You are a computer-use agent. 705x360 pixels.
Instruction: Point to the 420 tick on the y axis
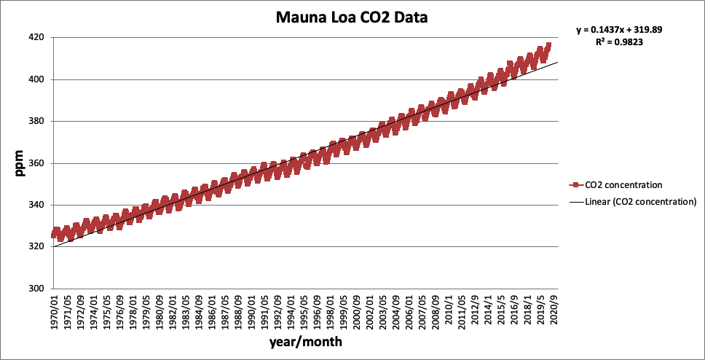tap(36, 37)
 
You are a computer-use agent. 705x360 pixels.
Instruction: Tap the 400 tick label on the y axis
tap(36, 79)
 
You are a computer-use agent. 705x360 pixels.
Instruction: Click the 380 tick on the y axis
tap(36, 121)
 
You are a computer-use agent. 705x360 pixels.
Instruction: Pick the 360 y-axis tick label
tap(36, 163)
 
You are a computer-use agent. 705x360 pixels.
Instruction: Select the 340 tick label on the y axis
tap(36, 205)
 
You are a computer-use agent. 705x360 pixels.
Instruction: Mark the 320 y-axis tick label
tap(36, 247)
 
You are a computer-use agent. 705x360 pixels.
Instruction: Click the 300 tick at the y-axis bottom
tap(36, 289)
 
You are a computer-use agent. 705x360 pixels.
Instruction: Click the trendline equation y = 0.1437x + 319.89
tap(619, 30)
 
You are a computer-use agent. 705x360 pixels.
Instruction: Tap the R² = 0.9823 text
tap(619, 42)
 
